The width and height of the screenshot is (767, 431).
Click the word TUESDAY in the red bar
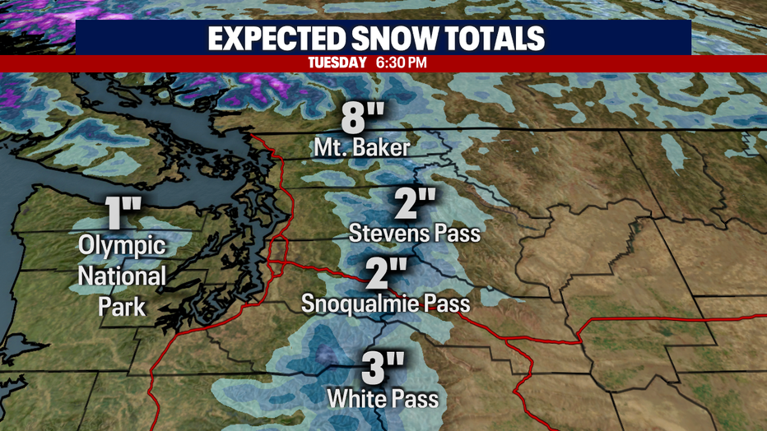pos(337,63)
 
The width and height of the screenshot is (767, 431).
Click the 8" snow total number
pos(363,118)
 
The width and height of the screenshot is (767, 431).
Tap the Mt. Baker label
pos(362,149)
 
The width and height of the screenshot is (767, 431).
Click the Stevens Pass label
pos(414,233)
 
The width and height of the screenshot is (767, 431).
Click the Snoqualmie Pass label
pos(385,304)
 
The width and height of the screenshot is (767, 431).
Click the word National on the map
pos(122,276)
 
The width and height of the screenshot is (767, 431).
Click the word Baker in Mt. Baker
pos(385,149)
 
